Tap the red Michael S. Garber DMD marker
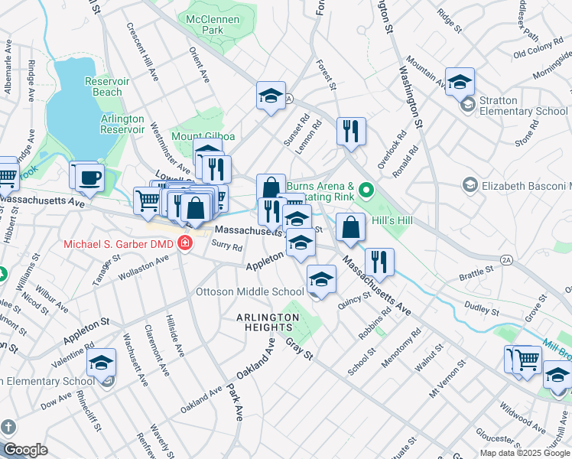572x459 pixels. click(x=184, y=244)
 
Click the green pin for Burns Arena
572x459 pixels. click(x=366, y=190)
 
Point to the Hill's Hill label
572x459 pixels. click(x=392, y=220)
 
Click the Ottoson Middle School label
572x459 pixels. click(x=250, y=291)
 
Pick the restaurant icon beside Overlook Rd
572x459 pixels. click(x=350, y=131)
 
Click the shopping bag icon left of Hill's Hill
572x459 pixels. click(x=350, y=227)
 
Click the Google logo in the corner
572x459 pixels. click(x=25, y=450)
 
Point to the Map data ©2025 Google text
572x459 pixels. click(x=524, y=453)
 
